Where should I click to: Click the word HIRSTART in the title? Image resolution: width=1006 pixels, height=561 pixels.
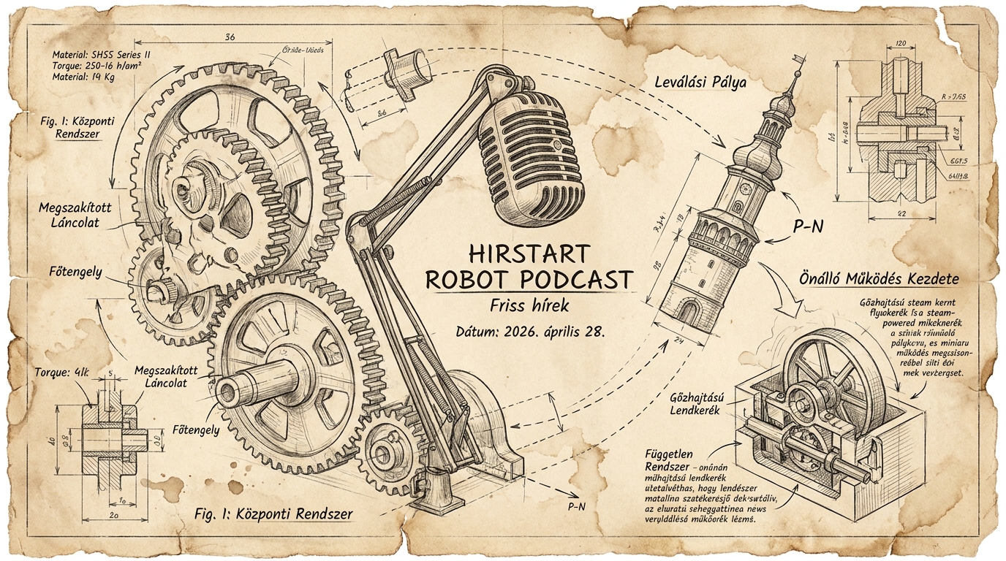tap(527, 253)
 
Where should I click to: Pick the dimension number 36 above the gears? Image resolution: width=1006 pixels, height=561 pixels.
tap(230, 37)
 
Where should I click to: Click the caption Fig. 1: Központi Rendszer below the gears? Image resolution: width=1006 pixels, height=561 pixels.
tap(274, 514)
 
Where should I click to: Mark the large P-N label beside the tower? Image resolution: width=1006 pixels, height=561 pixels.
tap(808, 227)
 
